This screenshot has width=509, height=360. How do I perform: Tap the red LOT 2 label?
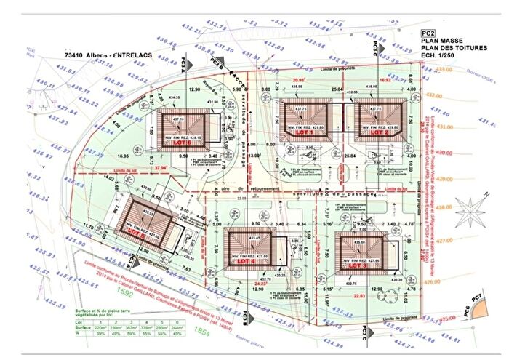coord(378,134)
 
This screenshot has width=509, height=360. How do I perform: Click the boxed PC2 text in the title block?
coord(429,33)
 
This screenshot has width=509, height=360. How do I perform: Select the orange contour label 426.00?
coord(434,281)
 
